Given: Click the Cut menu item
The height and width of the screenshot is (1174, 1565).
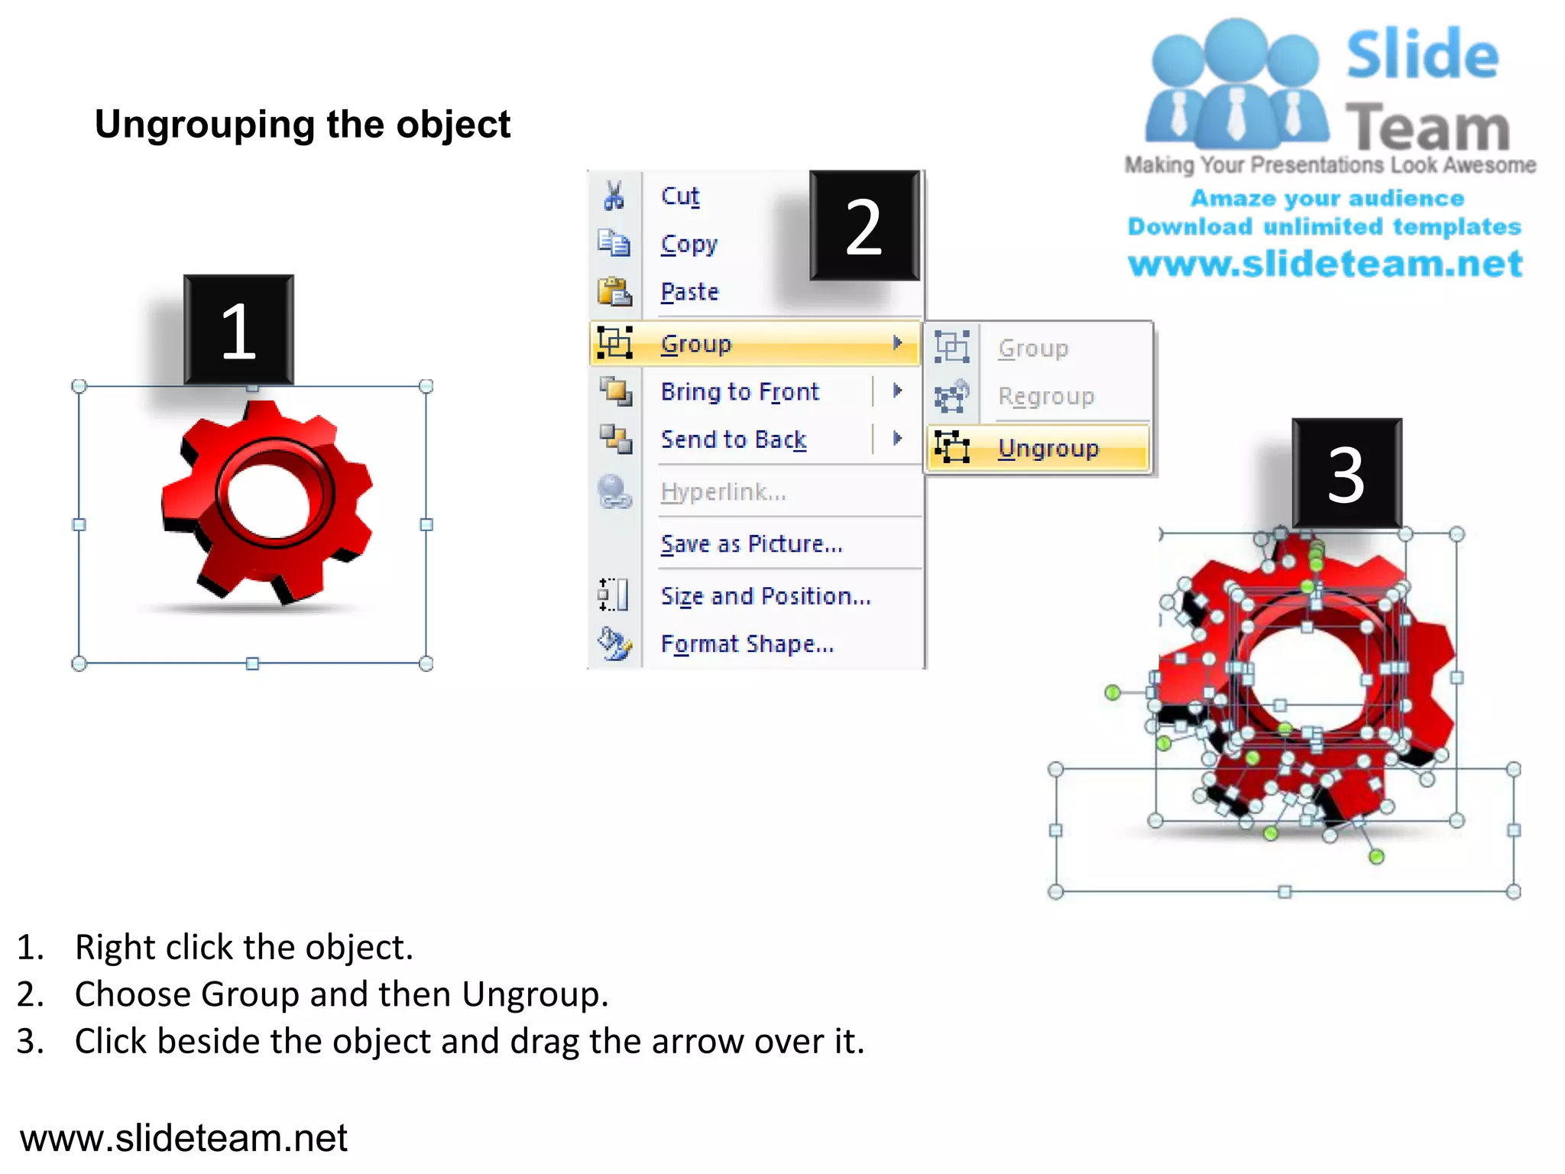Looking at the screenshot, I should click(x=679, y=196).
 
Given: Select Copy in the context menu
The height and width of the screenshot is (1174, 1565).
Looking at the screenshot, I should click(x=689, y=245).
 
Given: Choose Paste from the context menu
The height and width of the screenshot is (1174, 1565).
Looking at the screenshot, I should click(x=689, y=292).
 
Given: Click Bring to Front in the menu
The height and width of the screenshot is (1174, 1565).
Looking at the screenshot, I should click(x=739, y=392).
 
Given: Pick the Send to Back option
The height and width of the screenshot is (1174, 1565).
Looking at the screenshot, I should click(x=733, y=439).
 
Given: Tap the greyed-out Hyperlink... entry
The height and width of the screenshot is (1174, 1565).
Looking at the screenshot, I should click(x=722, y=492).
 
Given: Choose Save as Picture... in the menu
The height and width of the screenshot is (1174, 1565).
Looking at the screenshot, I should click(x=751, y=544).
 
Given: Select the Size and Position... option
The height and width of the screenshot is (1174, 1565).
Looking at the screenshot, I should click(x=765, y=596).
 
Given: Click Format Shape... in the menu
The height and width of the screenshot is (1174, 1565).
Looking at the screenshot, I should click(x=747, y=644).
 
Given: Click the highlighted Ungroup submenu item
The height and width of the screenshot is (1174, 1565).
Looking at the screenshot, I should click(x=1048, y=449).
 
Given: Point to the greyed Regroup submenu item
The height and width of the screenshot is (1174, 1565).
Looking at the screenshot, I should click(x=1045, y=397).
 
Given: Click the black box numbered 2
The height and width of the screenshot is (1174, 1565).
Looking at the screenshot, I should click(x=864, y=226).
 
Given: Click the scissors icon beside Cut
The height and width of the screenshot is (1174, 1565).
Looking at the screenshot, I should click(x=614, y=196).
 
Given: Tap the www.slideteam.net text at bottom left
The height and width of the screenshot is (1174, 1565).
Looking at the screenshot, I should click(x=183, y=1138).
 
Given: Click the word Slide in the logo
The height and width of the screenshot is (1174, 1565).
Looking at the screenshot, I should click(x=1422, y=55).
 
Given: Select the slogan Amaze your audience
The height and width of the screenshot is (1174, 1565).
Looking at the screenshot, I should click(x=1327, y=199).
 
